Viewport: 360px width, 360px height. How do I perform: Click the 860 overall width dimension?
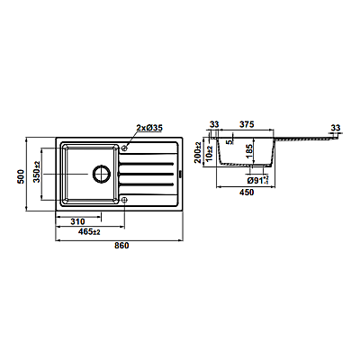click(121, 246)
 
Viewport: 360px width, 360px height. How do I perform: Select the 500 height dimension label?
click(20, 176)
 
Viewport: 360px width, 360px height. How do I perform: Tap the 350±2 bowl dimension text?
click(37, 172)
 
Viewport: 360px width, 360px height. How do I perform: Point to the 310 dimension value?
click(77, 221)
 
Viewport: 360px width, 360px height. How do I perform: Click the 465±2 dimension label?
click(89, 232)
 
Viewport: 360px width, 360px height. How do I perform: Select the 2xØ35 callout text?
click(149, 128)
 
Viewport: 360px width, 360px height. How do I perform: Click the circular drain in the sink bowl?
click(102, 174)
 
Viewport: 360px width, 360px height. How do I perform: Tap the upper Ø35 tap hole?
click(124, 148)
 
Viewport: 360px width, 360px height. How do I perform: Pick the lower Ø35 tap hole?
click(124, 200)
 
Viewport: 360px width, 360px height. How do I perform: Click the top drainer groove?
click(147, 164)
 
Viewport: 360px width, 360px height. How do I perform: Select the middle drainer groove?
click(147, 174)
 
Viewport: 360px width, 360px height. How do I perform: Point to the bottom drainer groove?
click(147, 184)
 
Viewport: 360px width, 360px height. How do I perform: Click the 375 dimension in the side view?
click(247, 124)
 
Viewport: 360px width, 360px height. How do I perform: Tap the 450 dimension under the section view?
click(247, 193)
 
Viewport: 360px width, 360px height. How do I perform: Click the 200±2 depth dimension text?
click(198, 152)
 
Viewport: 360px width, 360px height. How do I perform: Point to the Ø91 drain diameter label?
click(257, 180)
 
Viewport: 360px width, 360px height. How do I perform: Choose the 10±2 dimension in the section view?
click(210, 153)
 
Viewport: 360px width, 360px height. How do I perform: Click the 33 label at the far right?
click(336, 128)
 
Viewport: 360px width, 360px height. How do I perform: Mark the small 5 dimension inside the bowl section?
click(230, 142)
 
